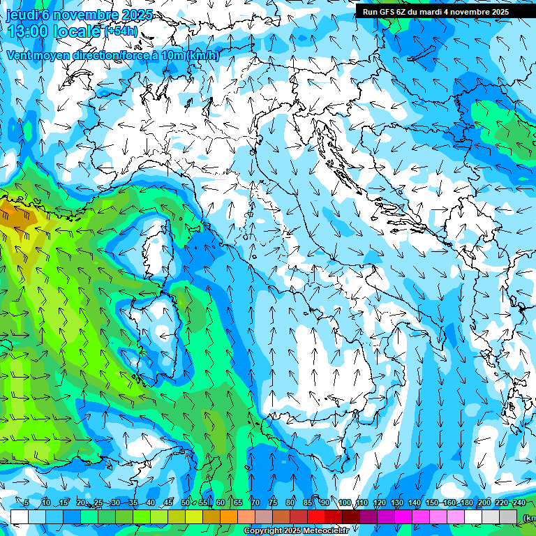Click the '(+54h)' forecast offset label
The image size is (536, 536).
[x=121, y=31]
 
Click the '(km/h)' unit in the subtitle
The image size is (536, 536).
[x=202, y=55]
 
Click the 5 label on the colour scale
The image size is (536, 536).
[x=26, y=503]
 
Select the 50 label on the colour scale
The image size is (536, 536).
[x=185, y=503]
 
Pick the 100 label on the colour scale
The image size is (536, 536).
[x=344, y=503]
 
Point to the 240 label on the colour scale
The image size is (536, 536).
[x=519, y=503]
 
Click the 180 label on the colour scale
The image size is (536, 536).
[x=466, y=503]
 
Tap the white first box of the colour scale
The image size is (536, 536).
[x=20, y=516]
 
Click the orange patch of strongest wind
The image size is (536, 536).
[x=15, y=213]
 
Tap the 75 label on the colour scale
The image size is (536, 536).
[x=273, y=503]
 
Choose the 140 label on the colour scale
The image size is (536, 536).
[x=414, y=503]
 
